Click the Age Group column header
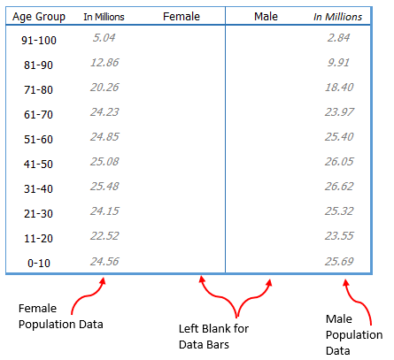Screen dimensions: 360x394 click(x=40, y=16)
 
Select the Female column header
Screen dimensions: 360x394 click(x=182, y=16)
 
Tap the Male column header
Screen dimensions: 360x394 click(x=266, y=16)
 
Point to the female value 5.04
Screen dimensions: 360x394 click(x=104, y=38)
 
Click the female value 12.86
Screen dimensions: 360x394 click(x=104, y=63)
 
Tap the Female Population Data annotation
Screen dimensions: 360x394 click(x=61, y=316)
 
